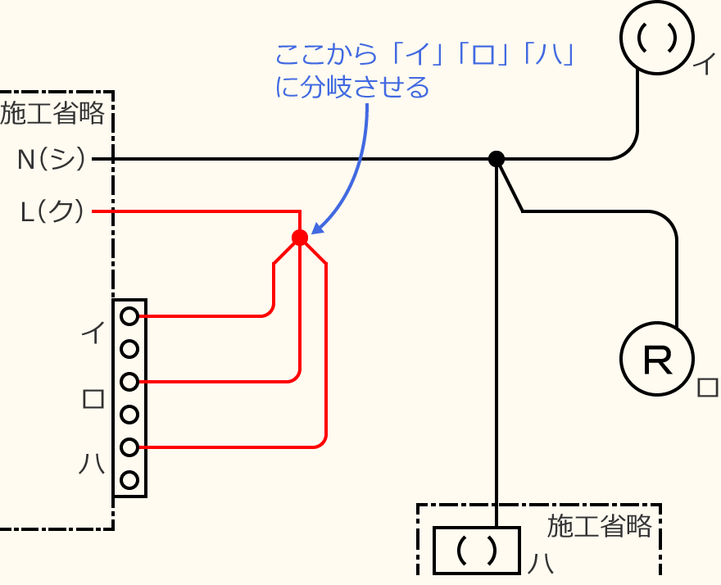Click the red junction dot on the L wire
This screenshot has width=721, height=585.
(300, 238)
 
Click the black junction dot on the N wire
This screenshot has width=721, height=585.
(496, 159)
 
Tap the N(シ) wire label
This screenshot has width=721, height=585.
(52, 159)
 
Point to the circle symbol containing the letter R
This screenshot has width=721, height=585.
(657, 359)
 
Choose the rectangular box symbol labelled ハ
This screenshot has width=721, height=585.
(476, 550)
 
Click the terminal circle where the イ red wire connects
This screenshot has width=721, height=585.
(129, 315)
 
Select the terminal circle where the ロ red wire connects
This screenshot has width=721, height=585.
(129, 382)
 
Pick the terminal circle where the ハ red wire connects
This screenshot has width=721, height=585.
(129, 447)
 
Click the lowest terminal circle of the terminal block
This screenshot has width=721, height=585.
(129, 480)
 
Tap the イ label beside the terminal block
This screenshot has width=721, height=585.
(93, 333)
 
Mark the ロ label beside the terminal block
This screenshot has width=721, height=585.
(93, 399)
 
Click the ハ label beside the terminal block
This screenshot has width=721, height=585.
(92, 465)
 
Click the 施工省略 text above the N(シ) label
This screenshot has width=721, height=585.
(53, 113)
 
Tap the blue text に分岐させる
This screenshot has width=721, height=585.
(352, 88)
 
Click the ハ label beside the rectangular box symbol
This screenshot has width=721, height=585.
(538, 564)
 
